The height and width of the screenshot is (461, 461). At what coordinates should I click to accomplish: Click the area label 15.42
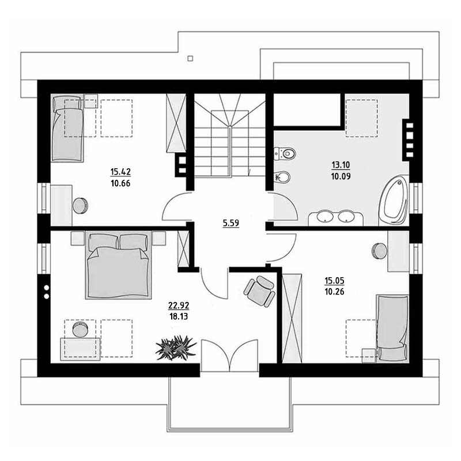click(120, 172)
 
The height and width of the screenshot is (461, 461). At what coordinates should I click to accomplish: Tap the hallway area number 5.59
click(231, 223)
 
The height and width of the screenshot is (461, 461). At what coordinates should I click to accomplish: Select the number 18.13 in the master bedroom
click(179, 316)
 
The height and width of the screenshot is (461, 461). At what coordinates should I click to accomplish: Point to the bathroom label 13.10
click(341, 165)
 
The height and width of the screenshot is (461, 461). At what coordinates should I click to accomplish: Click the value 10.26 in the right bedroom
click(334, 292)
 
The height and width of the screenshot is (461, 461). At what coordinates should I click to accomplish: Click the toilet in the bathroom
click(285, 153)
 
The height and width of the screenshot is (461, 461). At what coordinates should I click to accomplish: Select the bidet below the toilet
click(282, 177)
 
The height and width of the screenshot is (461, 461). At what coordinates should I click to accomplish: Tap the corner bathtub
click(394, 201)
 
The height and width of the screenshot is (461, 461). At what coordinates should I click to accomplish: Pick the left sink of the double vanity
click(325, 217)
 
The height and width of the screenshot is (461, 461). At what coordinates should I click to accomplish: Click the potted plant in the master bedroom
click(176, 347)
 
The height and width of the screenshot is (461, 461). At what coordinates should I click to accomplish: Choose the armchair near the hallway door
click(260, 291)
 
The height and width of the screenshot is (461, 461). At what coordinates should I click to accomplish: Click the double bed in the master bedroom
click(119, 265)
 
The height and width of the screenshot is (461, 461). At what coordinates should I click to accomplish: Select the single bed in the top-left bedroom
click(67, 128)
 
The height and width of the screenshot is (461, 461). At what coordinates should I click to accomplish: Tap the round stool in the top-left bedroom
click(80, 206)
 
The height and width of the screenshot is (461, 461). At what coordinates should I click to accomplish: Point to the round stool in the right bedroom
click(380, 251)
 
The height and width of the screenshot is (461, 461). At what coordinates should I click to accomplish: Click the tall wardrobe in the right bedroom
click(292, 319)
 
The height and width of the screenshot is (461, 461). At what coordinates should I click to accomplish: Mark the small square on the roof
click(190, 59)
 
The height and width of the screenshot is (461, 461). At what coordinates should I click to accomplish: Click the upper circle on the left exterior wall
click(47, 288)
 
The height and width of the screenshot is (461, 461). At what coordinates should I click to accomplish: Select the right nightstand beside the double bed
click(159, 238)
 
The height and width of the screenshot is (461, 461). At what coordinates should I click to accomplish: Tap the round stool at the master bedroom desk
click(80, 330)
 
